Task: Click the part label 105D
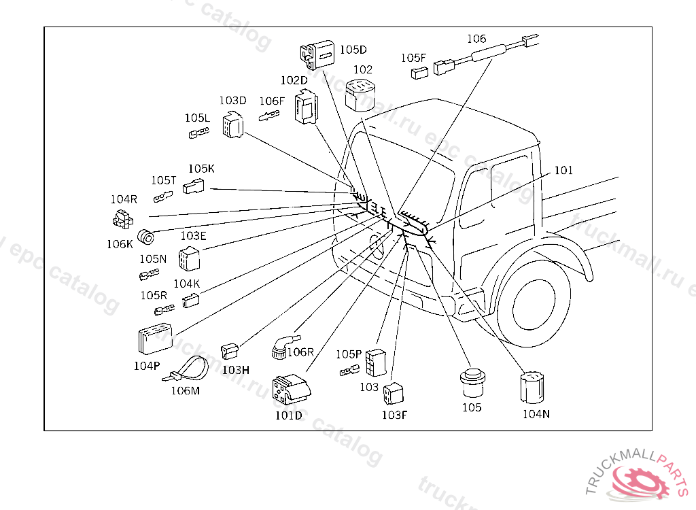[353, 50]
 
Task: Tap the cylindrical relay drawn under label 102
[361, 95]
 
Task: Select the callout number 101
[563, 170]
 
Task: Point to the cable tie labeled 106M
[189, 370]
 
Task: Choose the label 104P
[147, 365]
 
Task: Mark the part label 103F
[394, 414]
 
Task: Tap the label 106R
[300, 352]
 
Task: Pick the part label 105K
[201, 169]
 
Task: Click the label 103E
[193, 236]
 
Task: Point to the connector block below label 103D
[234, 125]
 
